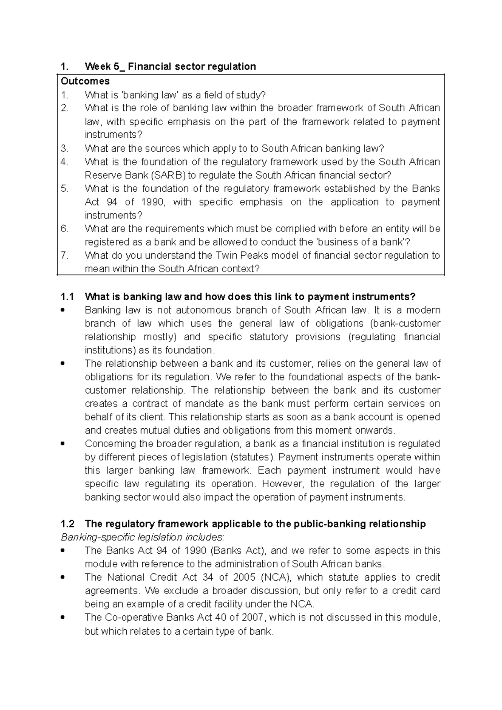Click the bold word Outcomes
coord(85,81)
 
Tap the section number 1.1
coord(67,297)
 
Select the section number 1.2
coord(67,524)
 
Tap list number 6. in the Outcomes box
coord(64,229)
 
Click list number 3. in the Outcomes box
coord(64,148)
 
